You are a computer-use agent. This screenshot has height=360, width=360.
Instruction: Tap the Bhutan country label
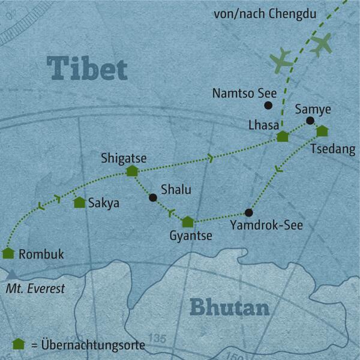pyautogui.click(x=229, y=307)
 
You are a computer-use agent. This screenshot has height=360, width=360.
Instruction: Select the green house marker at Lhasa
pyautogui.click(x=283, y=137)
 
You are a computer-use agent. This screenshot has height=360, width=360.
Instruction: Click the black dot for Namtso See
pyautogui.click(x=268, y=106)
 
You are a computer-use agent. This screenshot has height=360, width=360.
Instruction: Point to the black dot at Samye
pyautogui.click(x=310, y=121)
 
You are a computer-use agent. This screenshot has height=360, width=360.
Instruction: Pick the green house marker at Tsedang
pyautogui.click(x=322, y=131)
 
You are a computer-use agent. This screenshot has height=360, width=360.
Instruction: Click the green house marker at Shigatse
pyautogui.click(x=132, y=171)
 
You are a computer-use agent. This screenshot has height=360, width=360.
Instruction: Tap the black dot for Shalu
pyautogui.click(x=153, y=197)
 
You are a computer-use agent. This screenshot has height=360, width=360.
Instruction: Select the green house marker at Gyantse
pyautogui.click(x=188, y=222)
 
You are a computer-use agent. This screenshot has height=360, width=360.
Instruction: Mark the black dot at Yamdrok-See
pyautogui.click(x=249, y=212)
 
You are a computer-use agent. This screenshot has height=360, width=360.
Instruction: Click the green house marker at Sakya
pyautogui.click(x=79, y=203)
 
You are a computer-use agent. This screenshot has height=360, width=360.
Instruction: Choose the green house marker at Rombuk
pyautogui.click(x=8, y=253)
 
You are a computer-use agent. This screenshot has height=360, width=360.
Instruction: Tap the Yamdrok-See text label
pyautogui.click(x=266, y=226)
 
